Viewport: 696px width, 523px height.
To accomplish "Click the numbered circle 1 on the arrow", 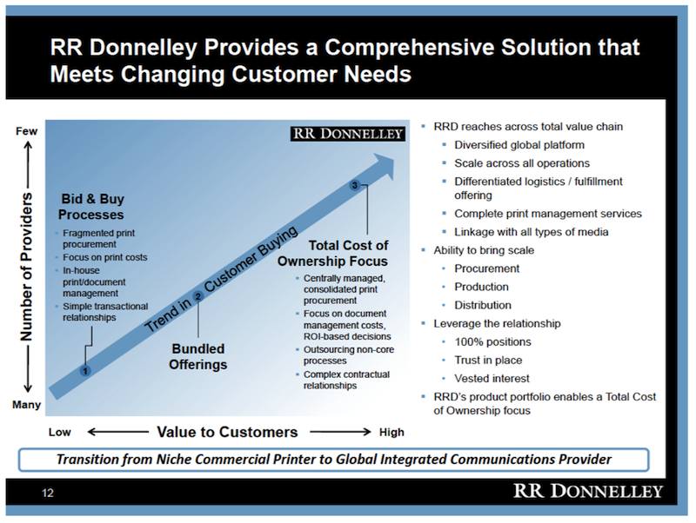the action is (85, 371).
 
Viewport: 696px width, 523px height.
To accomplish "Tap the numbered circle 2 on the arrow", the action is (198, 296).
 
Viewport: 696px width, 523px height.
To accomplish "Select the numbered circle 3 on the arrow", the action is (354, 185).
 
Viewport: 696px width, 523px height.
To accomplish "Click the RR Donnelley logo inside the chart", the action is (348, 134).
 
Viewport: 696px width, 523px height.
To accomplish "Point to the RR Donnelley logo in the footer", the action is (588, 491).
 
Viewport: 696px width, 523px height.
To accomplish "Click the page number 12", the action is (48, 493).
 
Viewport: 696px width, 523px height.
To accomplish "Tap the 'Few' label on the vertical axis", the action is (27, 131).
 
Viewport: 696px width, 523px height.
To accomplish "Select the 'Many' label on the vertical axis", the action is (27, 405).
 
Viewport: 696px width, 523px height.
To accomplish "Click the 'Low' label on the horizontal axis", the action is (59, 432).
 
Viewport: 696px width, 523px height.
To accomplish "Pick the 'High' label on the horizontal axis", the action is (391, 432).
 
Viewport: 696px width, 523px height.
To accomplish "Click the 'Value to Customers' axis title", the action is (227, 432).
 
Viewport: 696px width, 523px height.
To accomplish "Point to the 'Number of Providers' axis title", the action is (26, 267).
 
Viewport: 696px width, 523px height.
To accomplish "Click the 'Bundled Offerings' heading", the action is (198, 356).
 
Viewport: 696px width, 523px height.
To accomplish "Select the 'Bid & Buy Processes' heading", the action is (91, 207).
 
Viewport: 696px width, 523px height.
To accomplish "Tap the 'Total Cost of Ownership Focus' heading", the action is (332, 253).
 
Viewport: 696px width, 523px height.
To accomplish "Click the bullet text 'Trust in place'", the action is (488, 360).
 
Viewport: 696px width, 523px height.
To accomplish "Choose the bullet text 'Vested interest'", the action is (492, 379).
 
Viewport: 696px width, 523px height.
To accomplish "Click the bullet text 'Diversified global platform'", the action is (519, 145).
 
